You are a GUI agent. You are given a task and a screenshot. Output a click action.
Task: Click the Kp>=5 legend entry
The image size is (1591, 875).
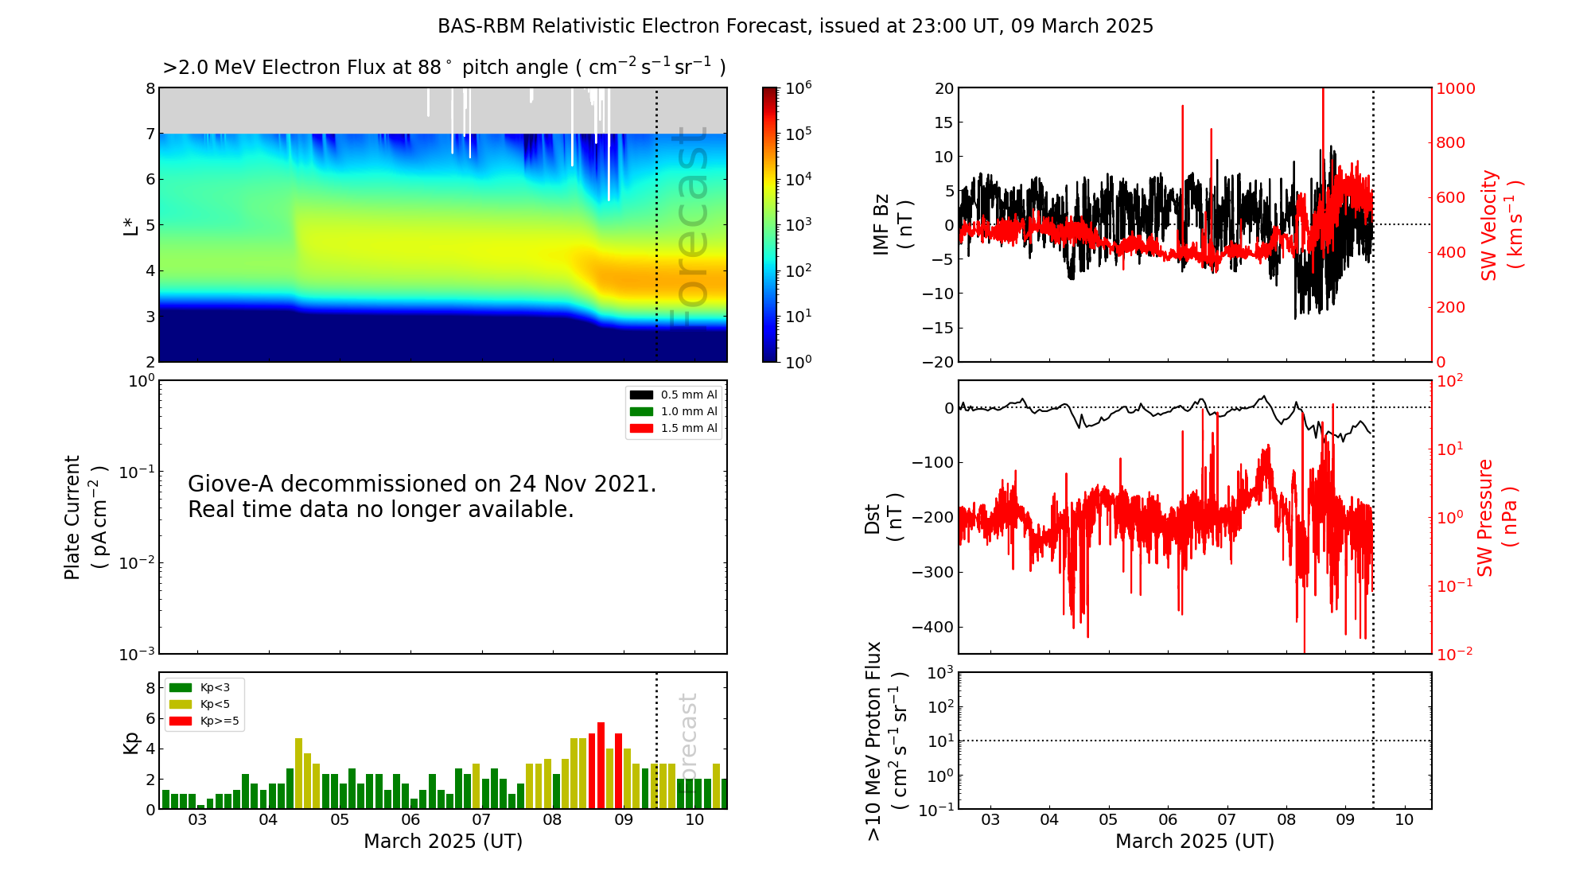point(204,721)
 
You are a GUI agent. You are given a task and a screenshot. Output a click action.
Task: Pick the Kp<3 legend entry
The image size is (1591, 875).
point(200,687)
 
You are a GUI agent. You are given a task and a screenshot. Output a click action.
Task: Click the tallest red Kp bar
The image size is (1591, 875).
point(601,765)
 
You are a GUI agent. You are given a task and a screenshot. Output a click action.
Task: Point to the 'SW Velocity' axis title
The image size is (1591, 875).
point(1488,224)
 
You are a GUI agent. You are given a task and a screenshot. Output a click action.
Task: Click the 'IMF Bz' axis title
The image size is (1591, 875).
point(881,224)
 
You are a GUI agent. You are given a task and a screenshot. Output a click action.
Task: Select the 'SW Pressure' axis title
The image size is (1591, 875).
point(1485,517)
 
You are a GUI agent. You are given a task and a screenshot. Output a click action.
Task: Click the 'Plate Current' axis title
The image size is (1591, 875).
point(72,517)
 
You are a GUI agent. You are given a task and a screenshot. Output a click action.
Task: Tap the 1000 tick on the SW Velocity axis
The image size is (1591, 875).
point(1455,88)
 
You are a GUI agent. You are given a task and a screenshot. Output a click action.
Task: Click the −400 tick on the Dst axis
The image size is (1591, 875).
point(932,627)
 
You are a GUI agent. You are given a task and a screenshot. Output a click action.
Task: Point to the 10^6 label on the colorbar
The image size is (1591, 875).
point(799,87)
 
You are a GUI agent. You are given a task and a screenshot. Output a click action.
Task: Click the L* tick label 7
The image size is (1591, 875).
point(150,134)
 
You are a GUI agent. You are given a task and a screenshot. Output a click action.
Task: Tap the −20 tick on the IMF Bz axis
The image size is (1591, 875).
point(937,362)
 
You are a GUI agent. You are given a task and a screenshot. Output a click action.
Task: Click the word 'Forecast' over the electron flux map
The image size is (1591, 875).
point(689,227)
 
